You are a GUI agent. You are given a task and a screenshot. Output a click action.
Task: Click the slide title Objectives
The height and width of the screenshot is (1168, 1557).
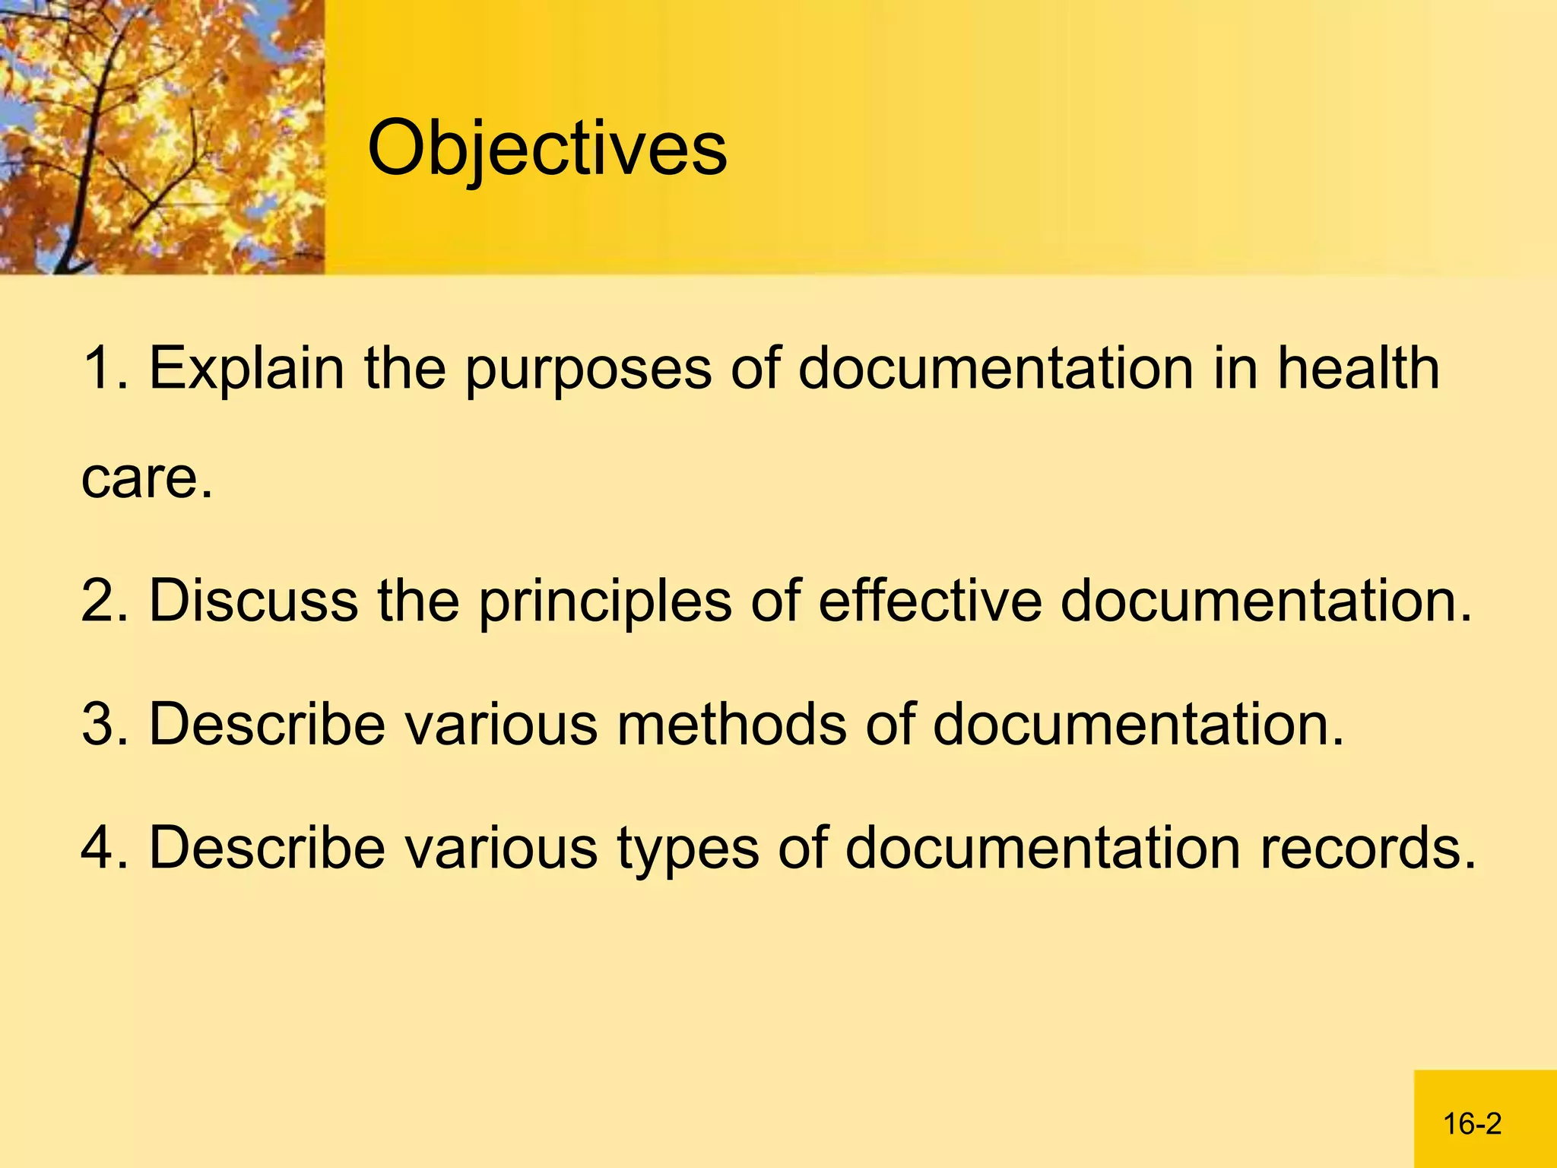(x=547, y=148)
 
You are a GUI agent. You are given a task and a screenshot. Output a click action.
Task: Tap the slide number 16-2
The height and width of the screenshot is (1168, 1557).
(x=1472, y=1123)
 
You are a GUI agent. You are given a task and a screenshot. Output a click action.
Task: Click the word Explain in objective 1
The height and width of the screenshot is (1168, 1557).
(x=246, y=369)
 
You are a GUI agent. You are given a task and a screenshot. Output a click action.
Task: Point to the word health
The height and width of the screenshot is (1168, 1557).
(x=1358, y=369)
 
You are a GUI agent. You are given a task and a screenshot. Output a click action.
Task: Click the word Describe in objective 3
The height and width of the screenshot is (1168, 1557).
(x=267, y=724)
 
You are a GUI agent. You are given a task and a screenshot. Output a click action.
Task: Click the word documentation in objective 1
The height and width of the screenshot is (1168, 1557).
(x=995, y=369)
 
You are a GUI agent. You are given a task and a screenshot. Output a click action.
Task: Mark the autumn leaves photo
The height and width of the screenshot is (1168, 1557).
(x=162, y=137)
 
